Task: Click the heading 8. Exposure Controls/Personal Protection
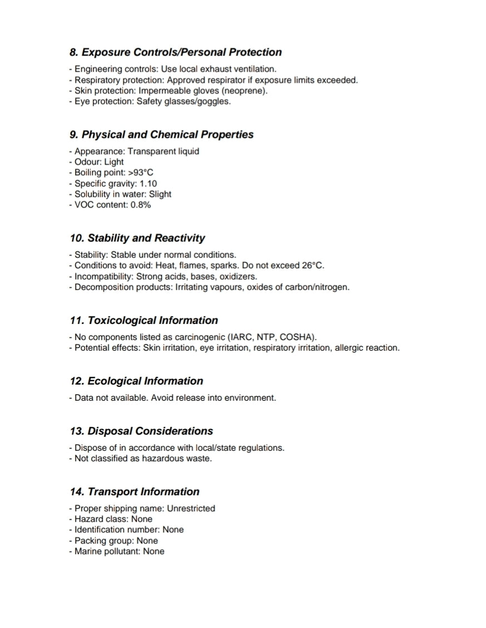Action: [x=176, y=52]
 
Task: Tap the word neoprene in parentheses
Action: [x=246, y=91]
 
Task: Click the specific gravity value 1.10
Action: [x=147, y=183]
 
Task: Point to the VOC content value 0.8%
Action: [x=141, y=205]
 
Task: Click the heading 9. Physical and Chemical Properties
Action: [x=162, y=134]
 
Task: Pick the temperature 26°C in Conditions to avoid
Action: [x=313, y=266]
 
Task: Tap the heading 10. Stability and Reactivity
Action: [x=137, y=238]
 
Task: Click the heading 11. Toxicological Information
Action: [x=144, y=320]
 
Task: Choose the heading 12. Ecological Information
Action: [x=136, y=381]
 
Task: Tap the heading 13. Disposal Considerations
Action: [x=141, y=431]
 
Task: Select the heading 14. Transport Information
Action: [x=135, y=491]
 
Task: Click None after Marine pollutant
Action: [x=153, y=551]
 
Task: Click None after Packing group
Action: [x=147, y=541]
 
